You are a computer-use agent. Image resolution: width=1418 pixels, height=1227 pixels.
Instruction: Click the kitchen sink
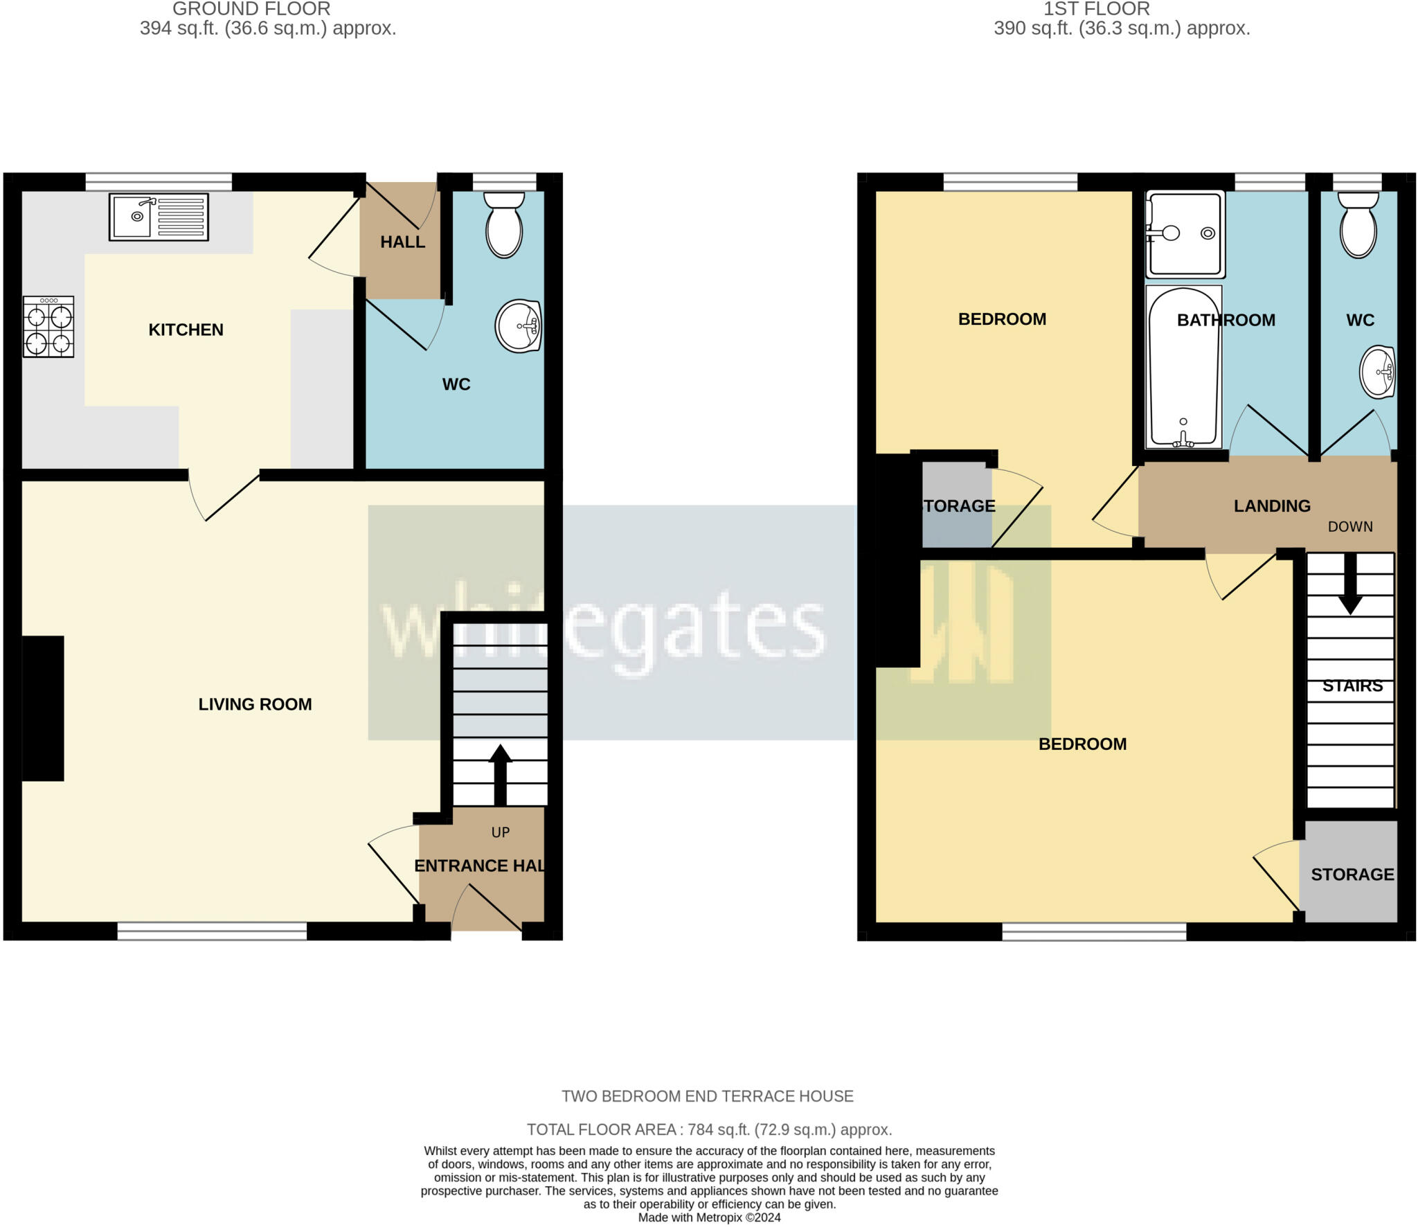pos(159,217)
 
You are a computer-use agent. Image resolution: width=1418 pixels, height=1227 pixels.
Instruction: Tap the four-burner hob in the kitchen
pos(48,327)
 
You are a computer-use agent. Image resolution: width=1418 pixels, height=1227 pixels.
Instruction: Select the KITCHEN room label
pos(186,330)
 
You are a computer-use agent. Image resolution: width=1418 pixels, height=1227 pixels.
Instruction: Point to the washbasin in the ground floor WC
pos(518,326)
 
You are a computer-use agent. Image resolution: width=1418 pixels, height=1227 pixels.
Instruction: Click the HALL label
pos(402,242)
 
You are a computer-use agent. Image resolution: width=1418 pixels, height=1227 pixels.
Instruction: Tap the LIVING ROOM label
pos(255,704)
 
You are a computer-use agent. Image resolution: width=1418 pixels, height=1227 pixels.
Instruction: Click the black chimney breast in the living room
pos(43,708)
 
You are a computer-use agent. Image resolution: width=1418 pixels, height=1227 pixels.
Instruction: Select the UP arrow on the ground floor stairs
pos(500,774)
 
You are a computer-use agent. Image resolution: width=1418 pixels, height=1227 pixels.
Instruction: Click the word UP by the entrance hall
pos(500,832)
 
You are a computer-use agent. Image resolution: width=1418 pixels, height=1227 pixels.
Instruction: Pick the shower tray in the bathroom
pos(1185,233)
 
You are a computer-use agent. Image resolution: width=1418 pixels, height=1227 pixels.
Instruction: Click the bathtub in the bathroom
pos(1183,367)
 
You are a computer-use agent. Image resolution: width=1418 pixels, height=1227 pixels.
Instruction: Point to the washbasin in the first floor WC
pos(1377,373)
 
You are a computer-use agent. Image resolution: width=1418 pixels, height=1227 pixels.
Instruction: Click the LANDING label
pos(1272,506)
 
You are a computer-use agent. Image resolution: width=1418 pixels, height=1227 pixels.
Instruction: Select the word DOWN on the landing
pos(1350,526)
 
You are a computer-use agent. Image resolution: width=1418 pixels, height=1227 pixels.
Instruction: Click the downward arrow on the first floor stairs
pos(1349,584)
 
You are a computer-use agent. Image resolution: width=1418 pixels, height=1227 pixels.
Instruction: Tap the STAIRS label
pos(1352,686)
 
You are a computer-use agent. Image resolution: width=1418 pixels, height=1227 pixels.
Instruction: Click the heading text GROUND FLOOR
pos(251,9)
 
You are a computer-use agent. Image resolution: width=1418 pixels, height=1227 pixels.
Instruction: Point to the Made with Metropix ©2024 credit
pos(709,1217)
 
